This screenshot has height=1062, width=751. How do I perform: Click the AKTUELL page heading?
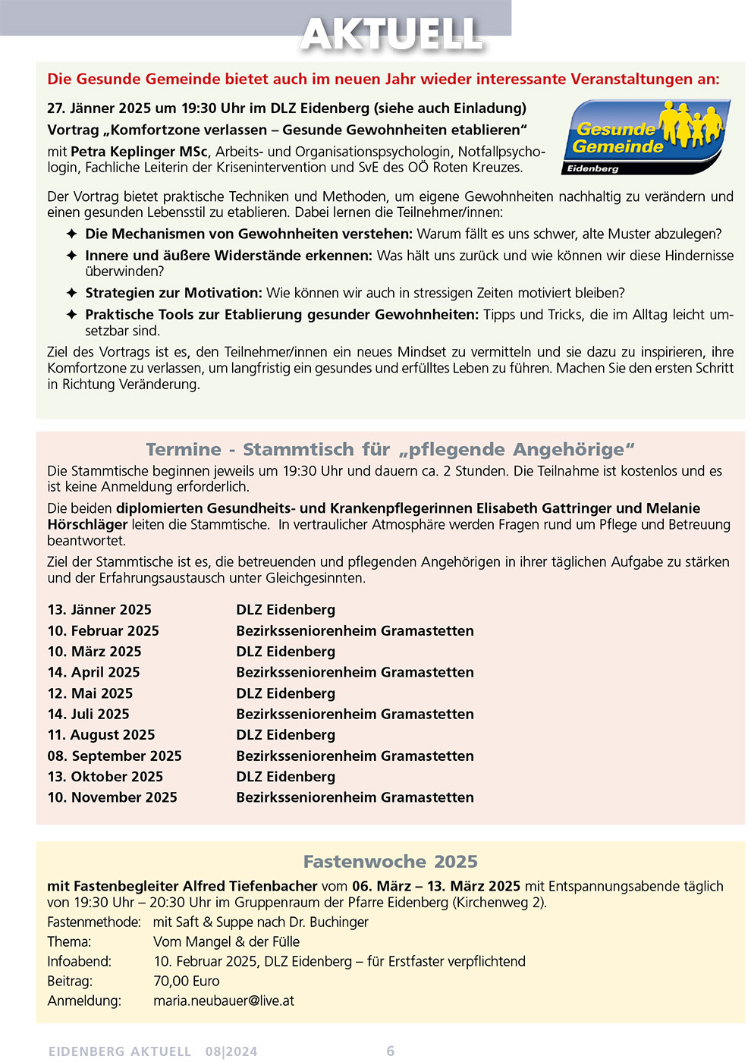coord(391,34)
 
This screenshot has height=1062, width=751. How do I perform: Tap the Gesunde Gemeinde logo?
coord(647,137)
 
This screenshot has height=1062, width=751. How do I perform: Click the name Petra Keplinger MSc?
coord(139,152)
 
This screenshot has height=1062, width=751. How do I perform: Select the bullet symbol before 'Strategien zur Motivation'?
coord(71,293)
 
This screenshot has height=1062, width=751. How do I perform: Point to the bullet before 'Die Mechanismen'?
coord(71,234)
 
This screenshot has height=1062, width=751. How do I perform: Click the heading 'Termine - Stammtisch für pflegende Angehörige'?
coord(390,449)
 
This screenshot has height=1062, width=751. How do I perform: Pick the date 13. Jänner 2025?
coord(99,610)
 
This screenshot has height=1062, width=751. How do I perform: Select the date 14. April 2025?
coord(93,672)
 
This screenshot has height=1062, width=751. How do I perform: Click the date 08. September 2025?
coord(115,756)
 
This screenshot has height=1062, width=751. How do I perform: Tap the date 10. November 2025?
coord(112,797)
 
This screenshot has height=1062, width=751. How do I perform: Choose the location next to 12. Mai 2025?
coord(285,693)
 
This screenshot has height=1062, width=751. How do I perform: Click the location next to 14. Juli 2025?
coord(354,714)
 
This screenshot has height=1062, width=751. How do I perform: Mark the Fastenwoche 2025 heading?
coord(390,862)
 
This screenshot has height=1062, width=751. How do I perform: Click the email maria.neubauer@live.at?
coord(224,1001)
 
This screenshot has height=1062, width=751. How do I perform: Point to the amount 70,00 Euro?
coord(186,981)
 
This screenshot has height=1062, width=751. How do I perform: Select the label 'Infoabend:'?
coord(79,961)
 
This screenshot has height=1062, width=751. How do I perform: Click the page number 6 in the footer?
coord(391,1051)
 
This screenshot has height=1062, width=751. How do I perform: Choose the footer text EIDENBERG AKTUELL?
coord(119,1051)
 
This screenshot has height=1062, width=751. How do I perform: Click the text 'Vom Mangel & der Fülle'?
coord(226,941)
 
